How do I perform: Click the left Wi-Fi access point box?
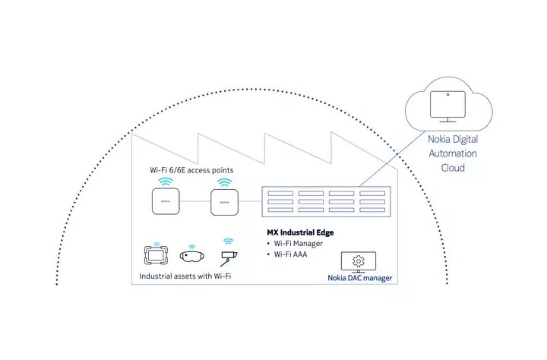(166, 201)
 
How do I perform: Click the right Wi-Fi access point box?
(225, 202)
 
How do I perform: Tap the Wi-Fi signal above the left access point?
(166, 182)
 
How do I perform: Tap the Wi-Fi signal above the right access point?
(224, 182)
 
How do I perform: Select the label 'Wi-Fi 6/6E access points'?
(191, 170)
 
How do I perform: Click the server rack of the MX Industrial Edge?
(326, 201)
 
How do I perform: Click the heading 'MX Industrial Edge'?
(300, 232)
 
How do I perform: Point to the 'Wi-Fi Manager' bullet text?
(299, 244)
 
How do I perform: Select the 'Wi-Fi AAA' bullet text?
(290, 254)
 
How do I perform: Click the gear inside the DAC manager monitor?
(359, 261)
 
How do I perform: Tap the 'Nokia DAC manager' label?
(359, 278)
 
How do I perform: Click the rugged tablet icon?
(156, 255)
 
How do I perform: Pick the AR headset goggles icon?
(192, 257)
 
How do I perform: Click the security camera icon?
(229, 257)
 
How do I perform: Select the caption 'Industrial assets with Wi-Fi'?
(185, 276)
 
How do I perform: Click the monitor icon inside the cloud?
(447, 106)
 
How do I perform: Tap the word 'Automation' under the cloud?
(453, 153)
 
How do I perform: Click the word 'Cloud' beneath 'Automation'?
(453, 168)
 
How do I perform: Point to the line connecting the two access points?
(195, 201)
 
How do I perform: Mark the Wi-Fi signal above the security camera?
(229, 242)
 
